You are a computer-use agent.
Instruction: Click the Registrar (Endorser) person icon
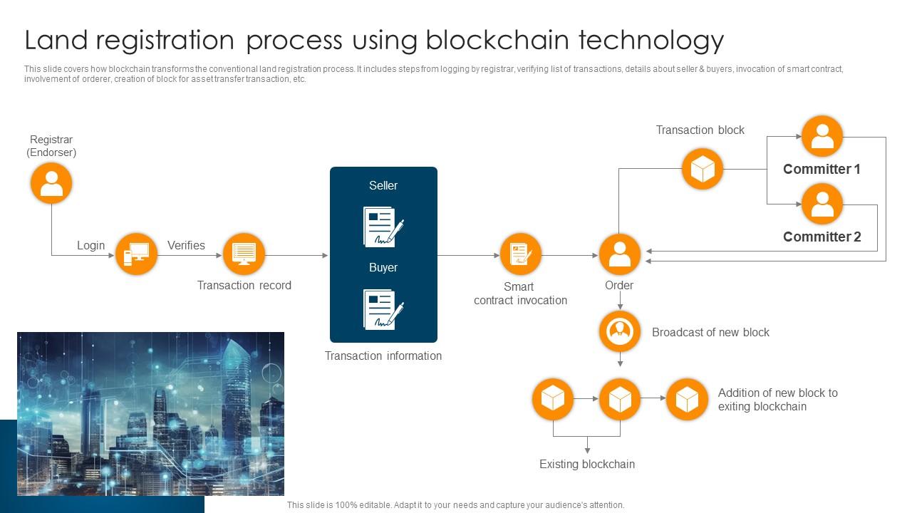51,183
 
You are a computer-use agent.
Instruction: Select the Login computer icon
136,254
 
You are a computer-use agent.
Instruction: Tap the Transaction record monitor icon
244,254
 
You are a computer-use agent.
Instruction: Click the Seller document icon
383,227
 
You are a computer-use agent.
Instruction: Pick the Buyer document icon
383,309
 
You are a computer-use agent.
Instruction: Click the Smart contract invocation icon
520,254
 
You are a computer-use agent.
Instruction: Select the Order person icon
619,254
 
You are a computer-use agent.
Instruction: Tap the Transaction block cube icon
702,169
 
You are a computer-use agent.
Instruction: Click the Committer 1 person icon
822,136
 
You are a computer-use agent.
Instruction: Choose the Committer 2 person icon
822,204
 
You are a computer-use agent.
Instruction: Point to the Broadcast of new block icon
619,331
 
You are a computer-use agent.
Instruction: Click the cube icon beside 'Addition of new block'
686,399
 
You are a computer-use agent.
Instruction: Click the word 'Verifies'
186,245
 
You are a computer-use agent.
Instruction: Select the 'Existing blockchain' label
586,464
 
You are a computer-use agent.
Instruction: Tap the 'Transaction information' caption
383,356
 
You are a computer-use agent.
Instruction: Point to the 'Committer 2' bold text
822,237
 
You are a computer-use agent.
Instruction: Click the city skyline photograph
150,413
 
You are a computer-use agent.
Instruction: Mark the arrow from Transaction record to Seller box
296,255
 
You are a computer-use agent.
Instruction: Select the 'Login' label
90,245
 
